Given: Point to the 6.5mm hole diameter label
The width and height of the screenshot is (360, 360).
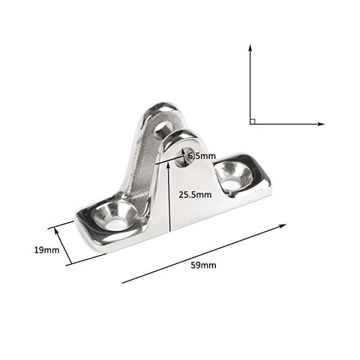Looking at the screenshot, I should pyautogui.click(x=201, y=156).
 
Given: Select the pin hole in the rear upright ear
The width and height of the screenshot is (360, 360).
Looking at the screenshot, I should pyautogui.click(x=161, y=128).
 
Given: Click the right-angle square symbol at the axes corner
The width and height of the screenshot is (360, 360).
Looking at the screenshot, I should pyautogui.click(x=253, y=121).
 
